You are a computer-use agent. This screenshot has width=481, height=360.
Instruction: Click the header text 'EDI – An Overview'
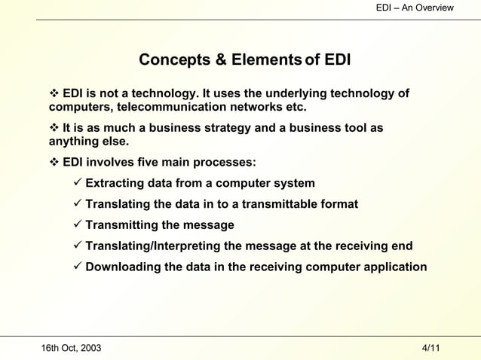coord(415,8)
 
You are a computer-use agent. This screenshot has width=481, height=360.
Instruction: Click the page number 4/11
coord(431,348)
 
